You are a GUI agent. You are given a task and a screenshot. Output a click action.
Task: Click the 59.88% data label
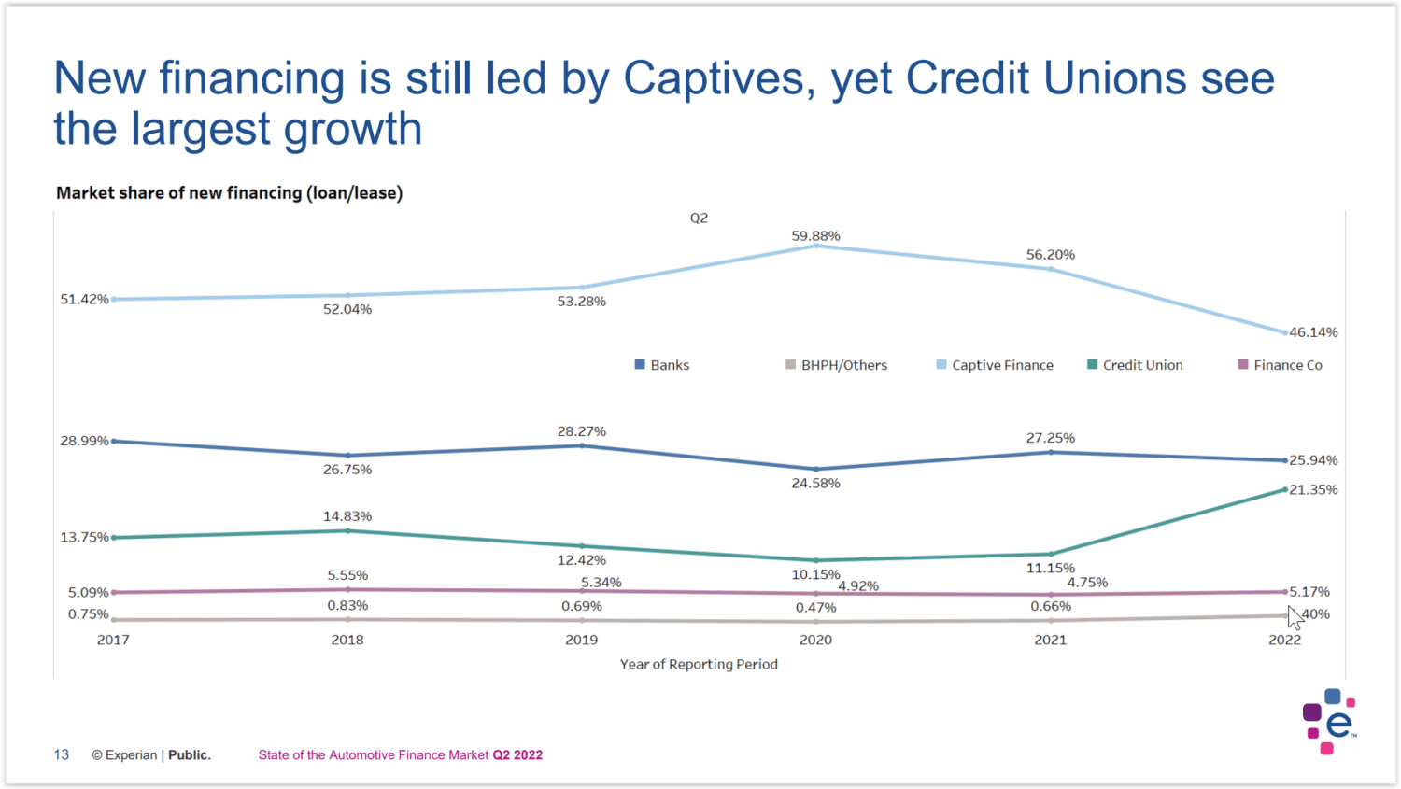(x=815, y=236)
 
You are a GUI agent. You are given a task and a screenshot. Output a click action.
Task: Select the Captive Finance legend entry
(x=995, y=365)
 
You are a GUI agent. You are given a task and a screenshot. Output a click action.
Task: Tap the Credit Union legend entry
(x=1135, y=365)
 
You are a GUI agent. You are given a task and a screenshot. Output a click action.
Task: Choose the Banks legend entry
(x=662, y=365)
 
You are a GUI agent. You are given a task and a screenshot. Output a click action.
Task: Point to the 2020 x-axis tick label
(x=815, y=640)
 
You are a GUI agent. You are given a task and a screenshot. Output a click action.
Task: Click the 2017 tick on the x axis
(x=113, y=640)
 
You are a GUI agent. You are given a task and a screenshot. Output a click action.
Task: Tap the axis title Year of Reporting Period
(x=699, y=664)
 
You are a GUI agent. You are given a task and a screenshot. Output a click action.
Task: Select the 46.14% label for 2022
(x=1313, y=332)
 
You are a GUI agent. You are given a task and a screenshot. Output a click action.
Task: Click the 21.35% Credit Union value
(x=1313, y=489)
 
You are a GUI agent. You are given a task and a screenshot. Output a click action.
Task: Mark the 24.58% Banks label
(x=815, y=483)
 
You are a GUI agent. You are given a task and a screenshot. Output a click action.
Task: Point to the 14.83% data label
(x=347, y=516)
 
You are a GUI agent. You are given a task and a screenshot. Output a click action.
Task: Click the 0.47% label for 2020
(x=815, y=608)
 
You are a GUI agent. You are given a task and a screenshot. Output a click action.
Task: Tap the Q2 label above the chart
(x=699, y=218)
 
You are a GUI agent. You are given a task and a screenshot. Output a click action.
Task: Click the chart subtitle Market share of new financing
(x=229, y=193)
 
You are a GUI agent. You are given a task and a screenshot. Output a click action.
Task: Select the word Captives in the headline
(x=714, y=78)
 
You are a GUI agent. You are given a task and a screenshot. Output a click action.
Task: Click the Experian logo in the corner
(x=1329, y=722)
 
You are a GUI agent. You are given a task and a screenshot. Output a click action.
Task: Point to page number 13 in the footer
(x=62, y=754)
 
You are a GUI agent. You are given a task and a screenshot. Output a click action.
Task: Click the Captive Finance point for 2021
(x=1051, y=269)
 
